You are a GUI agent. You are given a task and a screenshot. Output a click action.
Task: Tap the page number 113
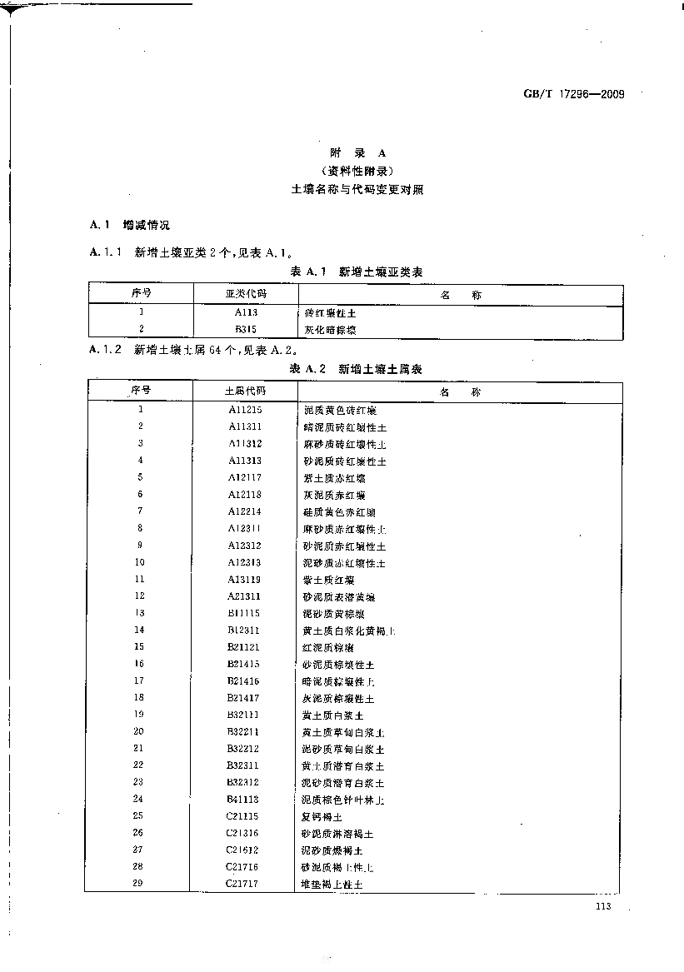coord(604,907)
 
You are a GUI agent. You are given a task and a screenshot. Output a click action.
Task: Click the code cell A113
coord(246,312)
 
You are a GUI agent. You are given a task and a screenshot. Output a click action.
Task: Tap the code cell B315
coord(246,329)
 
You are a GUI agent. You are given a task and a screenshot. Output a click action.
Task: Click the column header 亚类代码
coord(246,294)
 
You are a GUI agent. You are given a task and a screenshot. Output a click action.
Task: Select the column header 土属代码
coord(246,391)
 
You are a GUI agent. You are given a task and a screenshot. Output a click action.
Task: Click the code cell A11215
coord(246,410)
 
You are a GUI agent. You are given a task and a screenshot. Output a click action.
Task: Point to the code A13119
coord(246,579)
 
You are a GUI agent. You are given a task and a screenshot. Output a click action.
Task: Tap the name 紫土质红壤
coord(329,580)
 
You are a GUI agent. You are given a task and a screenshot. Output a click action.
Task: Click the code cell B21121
coord(245,647)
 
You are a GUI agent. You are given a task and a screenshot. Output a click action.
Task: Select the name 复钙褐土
coord(322,817)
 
